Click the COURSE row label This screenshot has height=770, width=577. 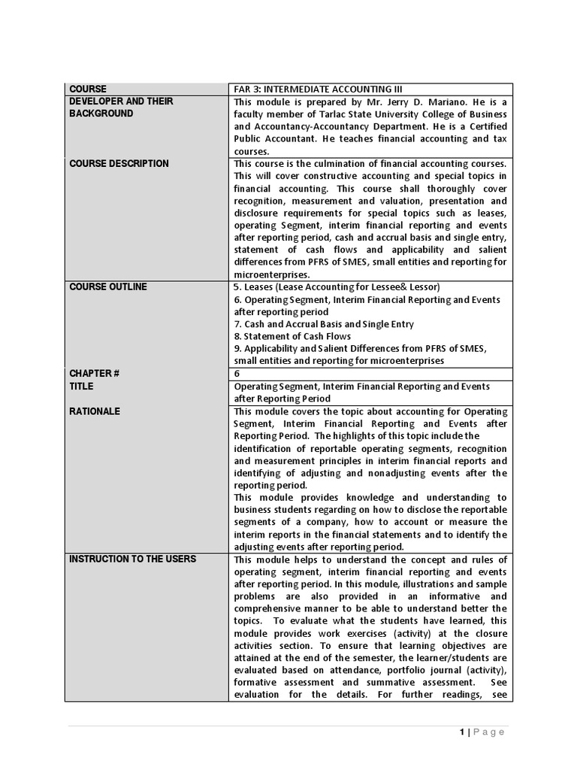click(88, 89)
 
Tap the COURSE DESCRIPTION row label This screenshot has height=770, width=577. click(119, 164)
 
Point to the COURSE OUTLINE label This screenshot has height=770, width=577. click(108, 286)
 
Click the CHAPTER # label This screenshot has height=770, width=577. click(95, 374)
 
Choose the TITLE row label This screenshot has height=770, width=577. click(81, 387)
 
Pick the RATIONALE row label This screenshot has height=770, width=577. click(95, 411)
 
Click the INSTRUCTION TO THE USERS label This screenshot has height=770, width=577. click(132, 559)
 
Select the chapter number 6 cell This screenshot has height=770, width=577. click(237, 374)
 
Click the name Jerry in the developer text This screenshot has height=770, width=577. click(399, 102)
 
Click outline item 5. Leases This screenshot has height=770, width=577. click(337, 287)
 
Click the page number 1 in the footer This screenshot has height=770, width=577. click(461, 732)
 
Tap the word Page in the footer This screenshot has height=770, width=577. click(489, 732)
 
